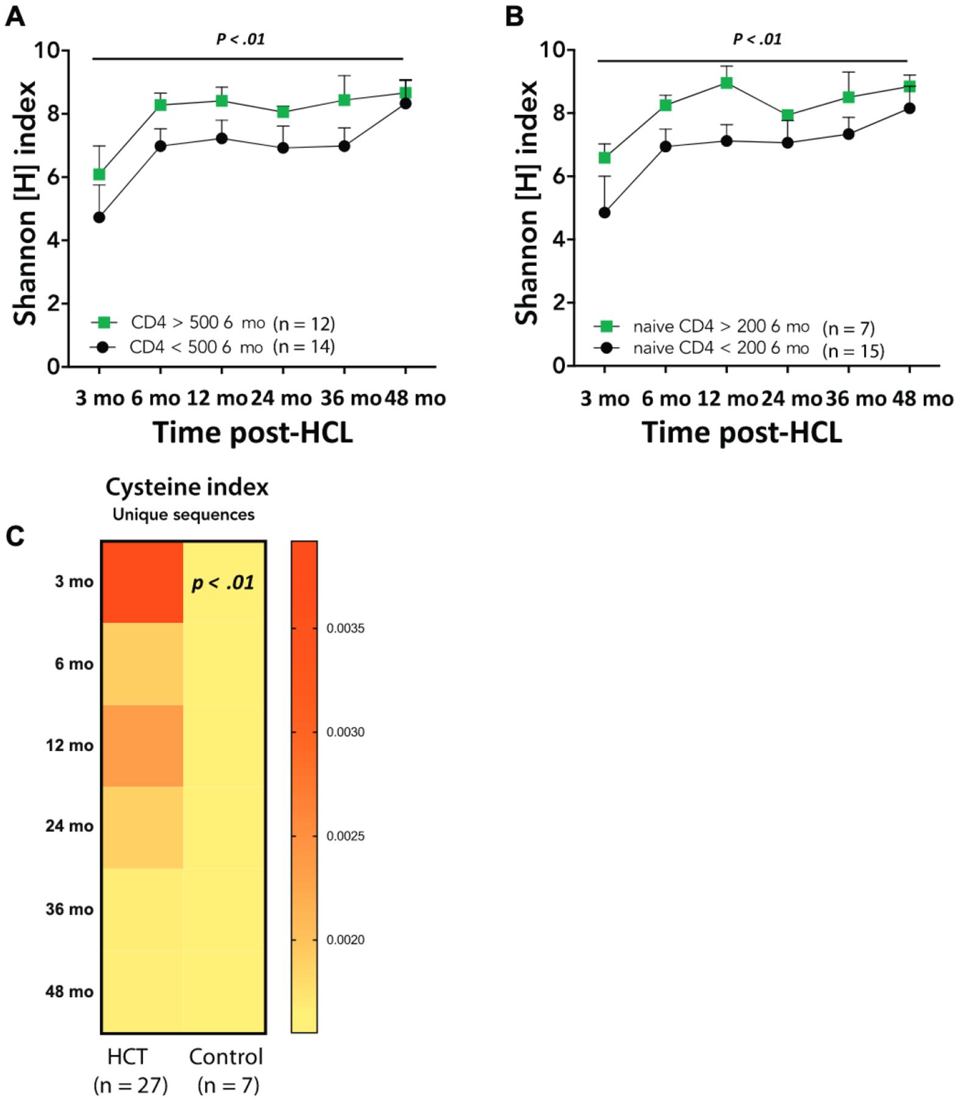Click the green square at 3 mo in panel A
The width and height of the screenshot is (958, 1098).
click(x=99, y=174)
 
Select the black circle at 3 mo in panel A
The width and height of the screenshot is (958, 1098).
click(x=99, y=217)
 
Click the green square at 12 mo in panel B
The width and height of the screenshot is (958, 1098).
click(x=726, y=83)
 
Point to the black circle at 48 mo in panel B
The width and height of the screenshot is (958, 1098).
click(x=909, y=109)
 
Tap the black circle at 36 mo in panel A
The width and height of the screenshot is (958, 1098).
click(x=344, y=146)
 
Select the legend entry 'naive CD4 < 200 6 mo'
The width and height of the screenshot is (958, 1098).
click(x=721, y=348)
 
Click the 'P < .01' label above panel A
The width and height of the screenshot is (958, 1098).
click(x=240, y=40)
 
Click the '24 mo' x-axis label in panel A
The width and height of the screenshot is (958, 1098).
click(x=282, y=398)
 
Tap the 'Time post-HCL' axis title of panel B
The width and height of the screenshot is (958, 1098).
click(x=742, y=432)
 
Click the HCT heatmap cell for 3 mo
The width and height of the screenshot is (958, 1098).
click(x=142, y=582)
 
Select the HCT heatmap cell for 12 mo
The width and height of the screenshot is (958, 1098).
click(x=142, y=745)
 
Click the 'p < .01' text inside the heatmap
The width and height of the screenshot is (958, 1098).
click(x=223, y=583)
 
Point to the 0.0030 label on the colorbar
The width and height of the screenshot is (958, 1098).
click(x=345, y=732)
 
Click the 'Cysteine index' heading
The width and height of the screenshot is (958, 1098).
click(x=187, y=487)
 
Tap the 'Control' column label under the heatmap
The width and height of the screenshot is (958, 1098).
click(x=226, y=1056)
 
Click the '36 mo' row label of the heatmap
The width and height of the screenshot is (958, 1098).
click(x=69, y=909)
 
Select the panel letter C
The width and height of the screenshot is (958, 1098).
click(x=15, y=536)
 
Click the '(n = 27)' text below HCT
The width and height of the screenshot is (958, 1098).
click(x=130, y=1085)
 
